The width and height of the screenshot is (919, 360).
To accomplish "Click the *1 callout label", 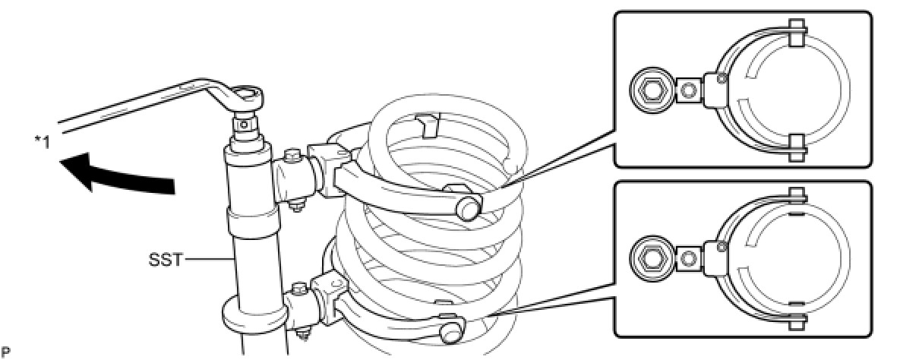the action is [x=40, y=141].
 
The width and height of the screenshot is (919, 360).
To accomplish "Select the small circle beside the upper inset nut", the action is [x=689, y=91].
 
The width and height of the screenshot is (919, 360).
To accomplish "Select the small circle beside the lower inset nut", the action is [x=689, y=259].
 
